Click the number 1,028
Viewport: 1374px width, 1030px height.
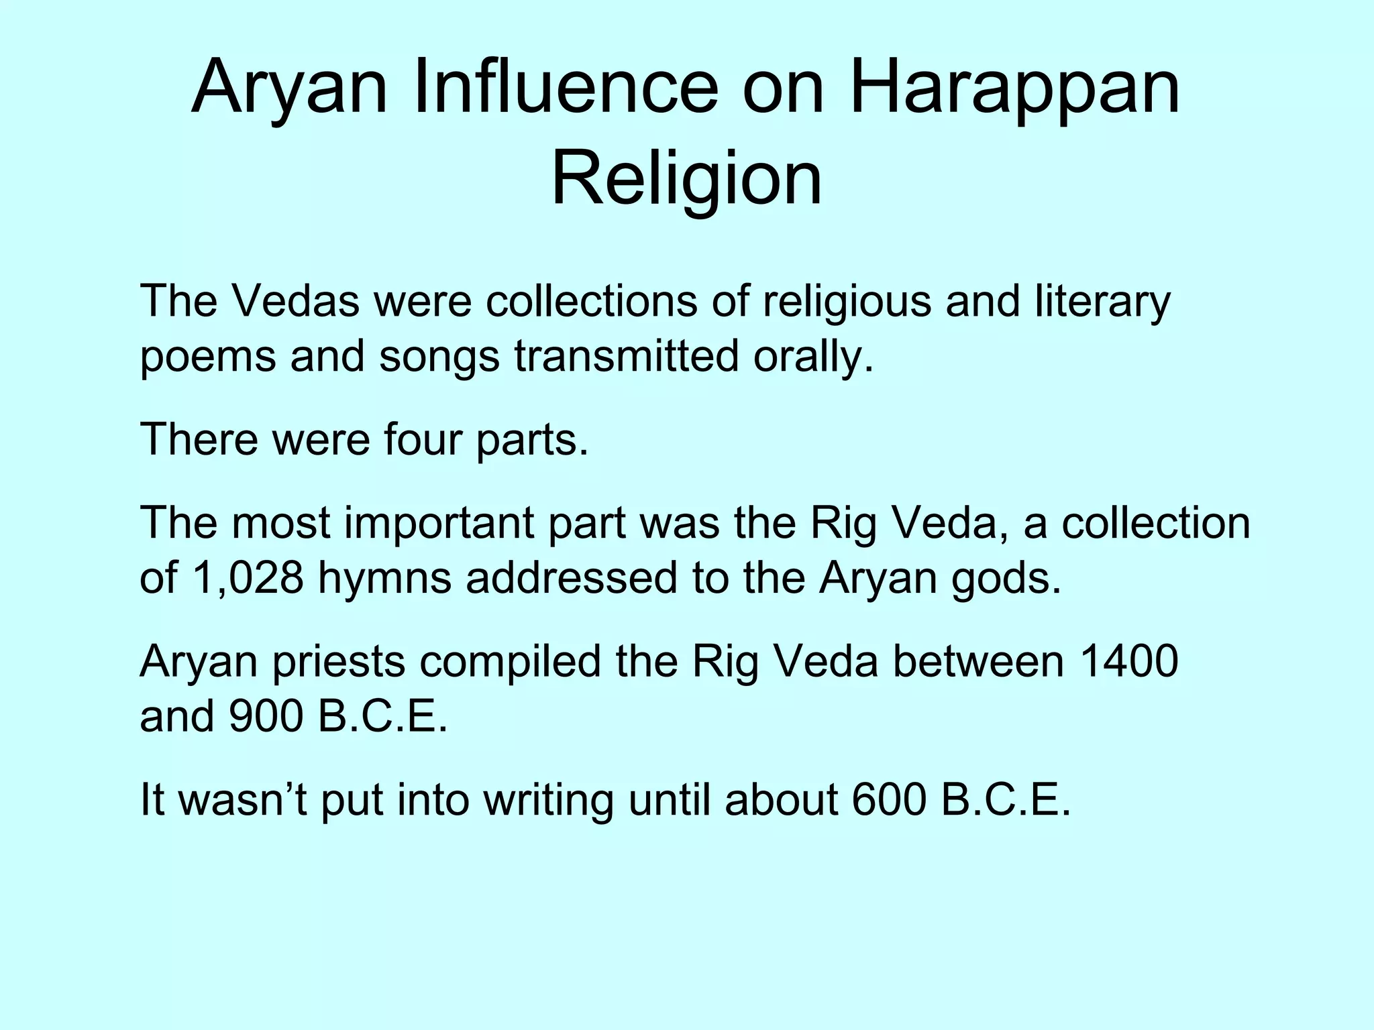pyautogui.click(x=248, y=578)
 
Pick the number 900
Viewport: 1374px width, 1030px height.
pyautogui.click(x=266, y=716)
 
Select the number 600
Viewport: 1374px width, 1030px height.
pyautogui.click(x=889, y=799)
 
